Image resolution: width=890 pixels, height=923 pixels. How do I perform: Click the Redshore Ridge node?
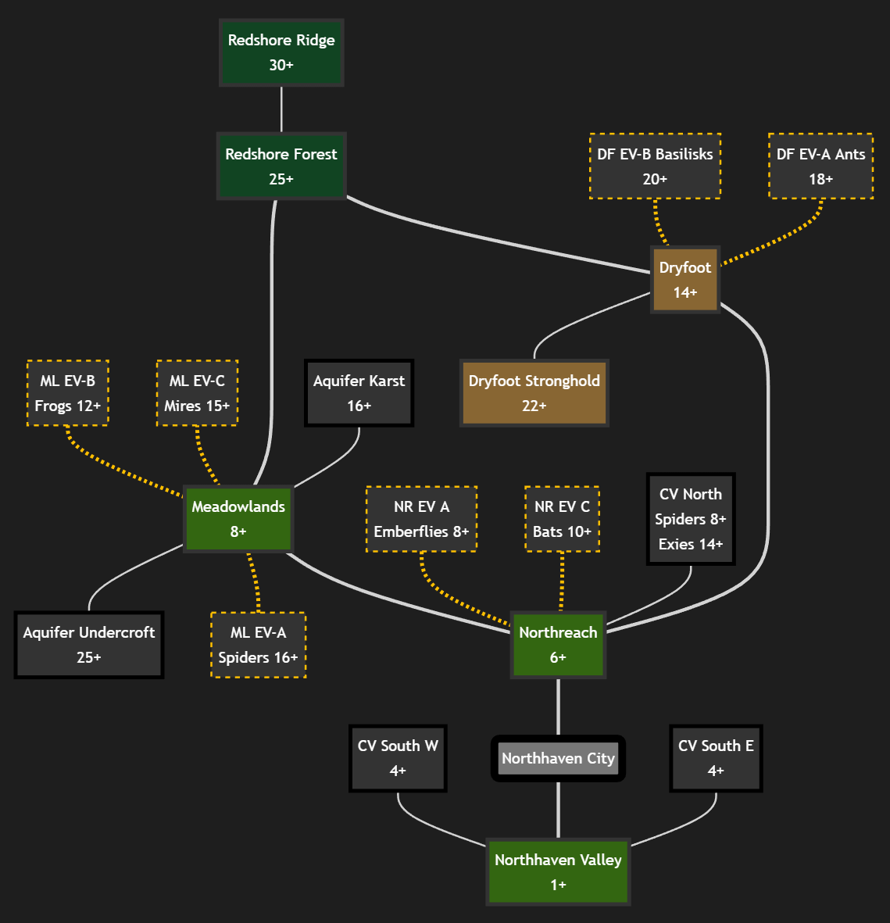(x=281, y=52)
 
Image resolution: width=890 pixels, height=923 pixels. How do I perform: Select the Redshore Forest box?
(x=281, y=166)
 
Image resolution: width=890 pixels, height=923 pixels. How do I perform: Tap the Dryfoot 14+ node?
(x=685, y=280)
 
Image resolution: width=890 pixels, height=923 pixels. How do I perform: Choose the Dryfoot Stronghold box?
(x=534, y=393)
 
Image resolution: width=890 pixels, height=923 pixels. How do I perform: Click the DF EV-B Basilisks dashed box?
(x=655, y=166)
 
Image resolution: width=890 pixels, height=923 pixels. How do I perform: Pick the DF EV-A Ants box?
(x=820, y=166)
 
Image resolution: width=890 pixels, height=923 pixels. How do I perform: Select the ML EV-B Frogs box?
(x=68, y=393)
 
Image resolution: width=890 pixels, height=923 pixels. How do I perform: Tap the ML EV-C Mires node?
(x=197, y=393)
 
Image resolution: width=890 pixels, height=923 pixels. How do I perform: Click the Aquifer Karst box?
(x=359, y=393)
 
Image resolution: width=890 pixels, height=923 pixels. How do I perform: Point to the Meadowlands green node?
(x=238, y=519)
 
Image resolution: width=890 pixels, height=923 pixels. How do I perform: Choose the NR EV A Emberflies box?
(x=421, y=519)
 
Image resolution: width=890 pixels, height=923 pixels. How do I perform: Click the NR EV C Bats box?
(x=562, y=519)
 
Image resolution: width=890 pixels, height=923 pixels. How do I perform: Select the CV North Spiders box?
(x=691, y=519)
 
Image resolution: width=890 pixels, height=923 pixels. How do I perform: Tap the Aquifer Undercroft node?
(x=89, y=645)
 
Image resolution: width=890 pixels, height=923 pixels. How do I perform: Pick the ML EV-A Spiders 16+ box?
(x=258, y=645)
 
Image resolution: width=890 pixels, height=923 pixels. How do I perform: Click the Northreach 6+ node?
(x=558, y=645)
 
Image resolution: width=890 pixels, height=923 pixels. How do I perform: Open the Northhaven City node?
(x=558, y=758)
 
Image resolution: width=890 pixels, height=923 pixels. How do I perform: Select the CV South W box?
(x=398, y=758)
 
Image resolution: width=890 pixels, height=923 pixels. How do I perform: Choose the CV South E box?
(x=716, y=758)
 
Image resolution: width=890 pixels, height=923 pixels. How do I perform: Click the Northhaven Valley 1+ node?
(x=558, y=872)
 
